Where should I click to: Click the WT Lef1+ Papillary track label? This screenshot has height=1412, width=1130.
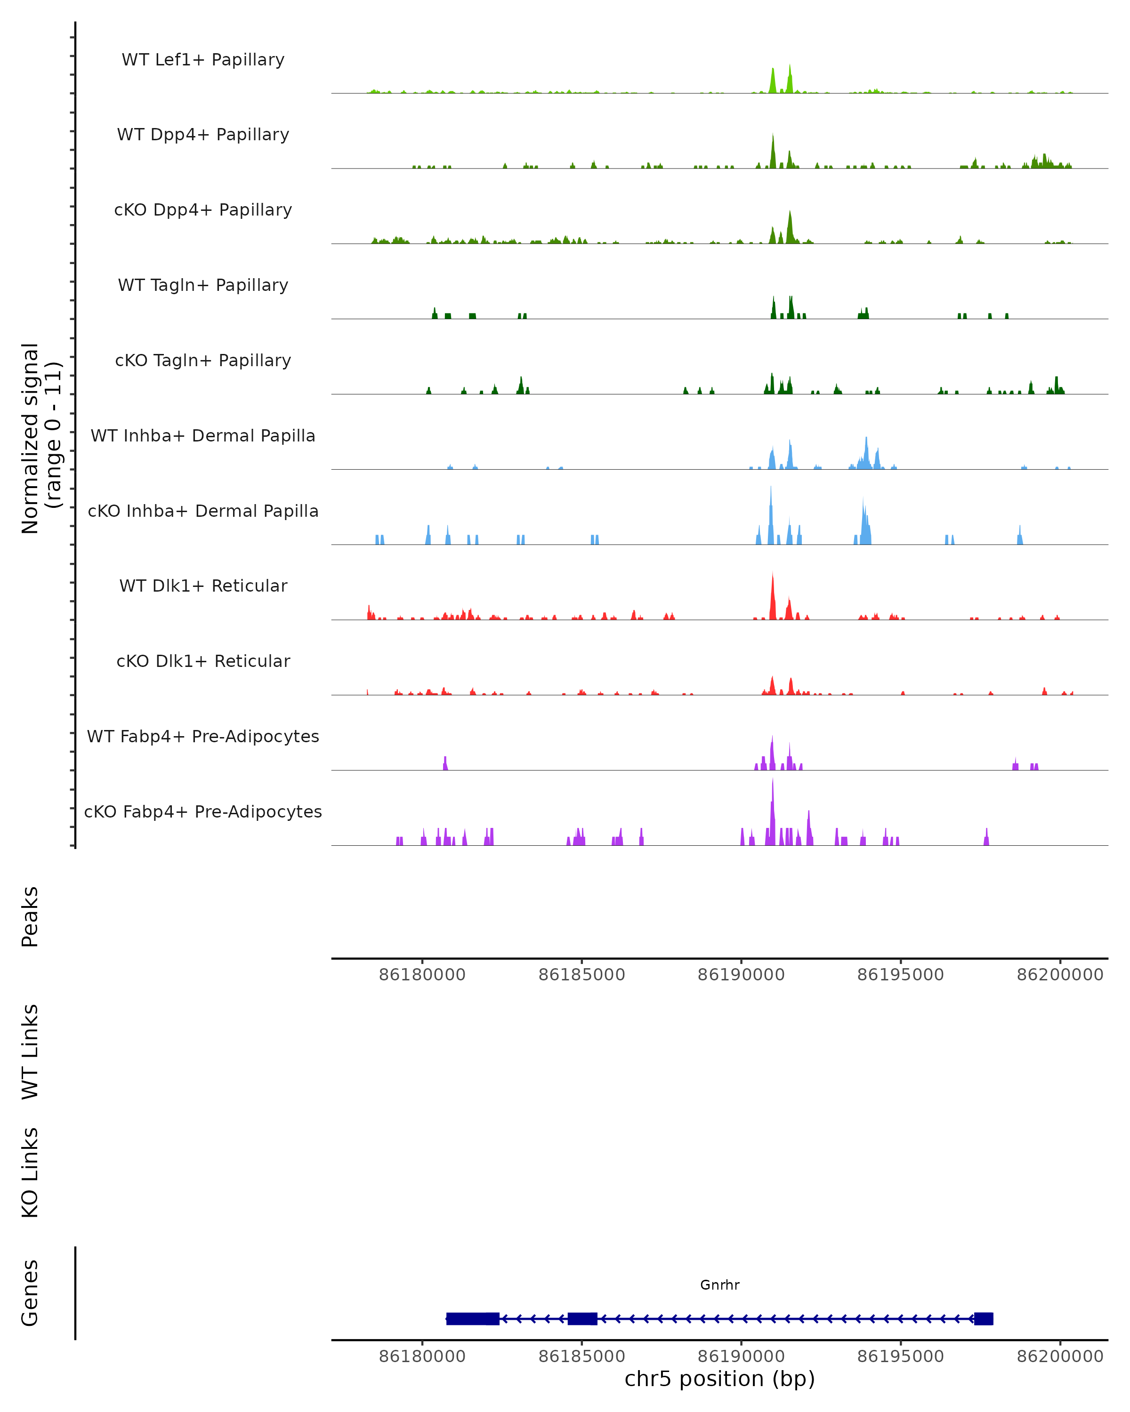[203, 60]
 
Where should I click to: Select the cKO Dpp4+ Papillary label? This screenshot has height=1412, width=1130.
[203, 210]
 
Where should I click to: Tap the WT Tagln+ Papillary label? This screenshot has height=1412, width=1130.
[203, 286]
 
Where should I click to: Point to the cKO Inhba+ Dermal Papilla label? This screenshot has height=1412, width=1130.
[203, 512]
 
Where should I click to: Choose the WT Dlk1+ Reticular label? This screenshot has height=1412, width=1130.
[203, 586]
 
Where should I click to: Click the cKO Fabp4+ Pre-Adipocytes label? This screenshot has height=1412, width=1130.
[203, 812]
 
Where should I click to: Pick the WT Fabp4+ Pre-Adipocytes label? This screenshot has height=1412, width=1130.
[203, 737]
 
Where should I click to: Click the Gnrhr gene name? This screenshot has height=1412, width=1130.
[719, 1285]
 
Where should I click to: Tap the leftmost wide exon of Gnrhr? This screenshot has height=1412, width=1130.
[472, 1318]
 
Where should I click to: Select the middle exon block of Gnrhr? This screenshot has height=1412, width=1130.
[582, 1318]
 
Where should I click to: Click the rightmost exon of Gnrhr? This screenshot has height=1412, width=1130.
[983, 1318]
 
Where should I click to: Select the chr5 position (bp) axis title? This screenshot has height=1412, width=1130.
[719, 1379]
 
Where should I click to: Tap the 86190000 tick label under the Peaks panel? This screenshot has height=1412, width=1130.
[741, 975]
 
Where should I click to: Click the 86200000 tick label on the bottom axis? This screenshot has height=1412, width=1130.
[1060, 1357]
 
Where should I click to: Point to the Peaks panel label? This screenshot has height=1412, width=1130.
[30, 917]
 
